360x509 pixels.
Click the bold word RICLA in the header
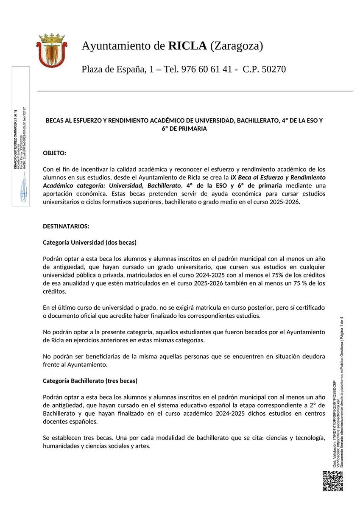click(187, 46)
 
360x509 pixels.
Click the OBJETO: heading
click(55, 153)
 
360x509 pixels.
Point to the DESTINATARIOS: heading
click(66, 226)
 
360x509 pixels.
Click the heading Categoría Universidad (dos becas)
click(89, 243)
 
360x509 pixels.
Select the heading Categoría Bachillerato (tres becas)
click(90, 381)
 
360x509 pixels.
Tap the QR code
click(333, 481)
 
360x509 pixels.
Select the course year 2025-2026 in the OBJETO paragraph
click(284, 202)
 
